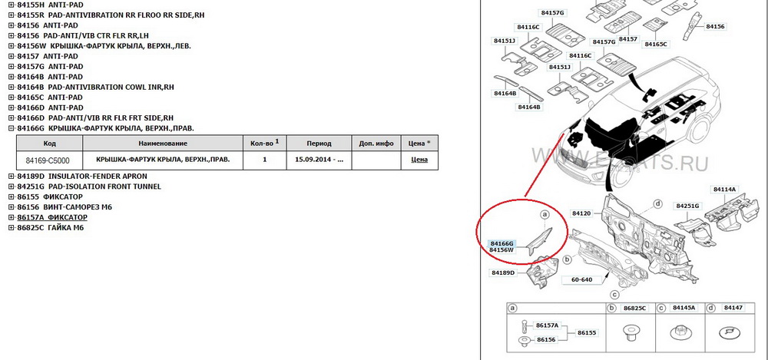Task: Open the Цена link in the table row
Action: click(x=419, y=160)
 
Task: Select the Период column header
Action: click(x=319, y=144)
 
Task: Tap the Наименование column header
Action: click(x=164, y=144)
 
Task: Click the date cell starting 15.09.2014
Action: click(x=319, y=160)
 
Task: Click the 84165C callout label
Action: click(x=657, y=45)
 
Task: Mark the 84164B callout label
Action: click(x=529, y=107)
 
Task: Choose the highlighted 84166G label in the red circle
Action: click(x=502, y=243)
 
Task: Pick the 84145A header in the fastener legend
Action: click(x=684, y=308)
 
